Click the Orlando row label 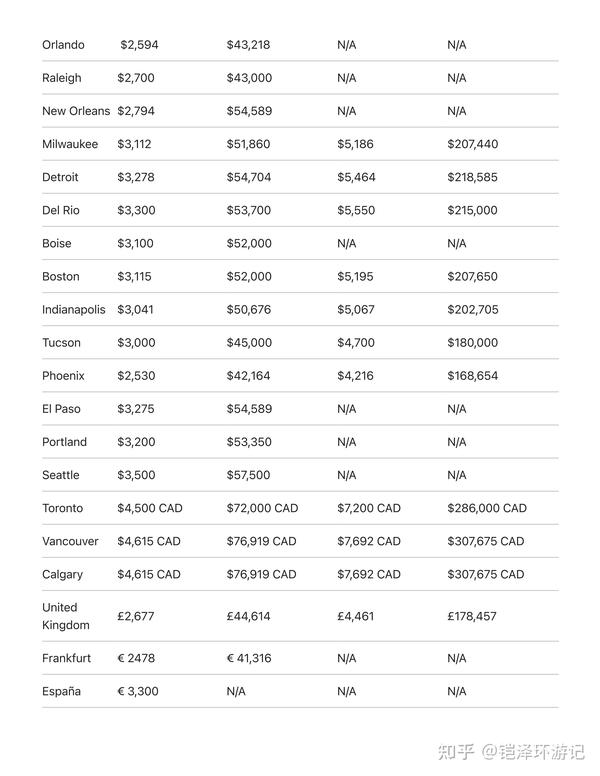coord(63,45)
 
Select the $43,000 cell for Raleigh coord(249,78)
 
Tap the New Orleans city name coord(76,111)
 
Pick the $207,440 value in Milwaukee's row coord(472,144)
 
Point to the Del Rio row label coord(60,210)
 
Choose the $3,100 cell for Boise coord(135,243)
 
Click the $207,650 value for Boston coord(472,276)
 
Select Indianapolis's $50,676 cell coord(248,309)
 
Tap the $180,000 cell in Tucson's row coord(472,342)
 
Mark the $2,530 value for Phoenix coord(135,375)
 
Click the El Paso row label coord(61,408)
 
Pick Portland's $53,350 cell coord(249,441)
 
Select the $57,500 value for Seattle coord(248,474)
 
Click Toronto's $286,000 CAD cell coord(486,507)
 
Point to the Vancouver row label coord(70,541)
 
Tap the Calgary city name coord(62,574)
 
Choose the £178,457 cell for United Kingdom coord(472,616)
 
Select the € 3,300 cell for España coord(138,691)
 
